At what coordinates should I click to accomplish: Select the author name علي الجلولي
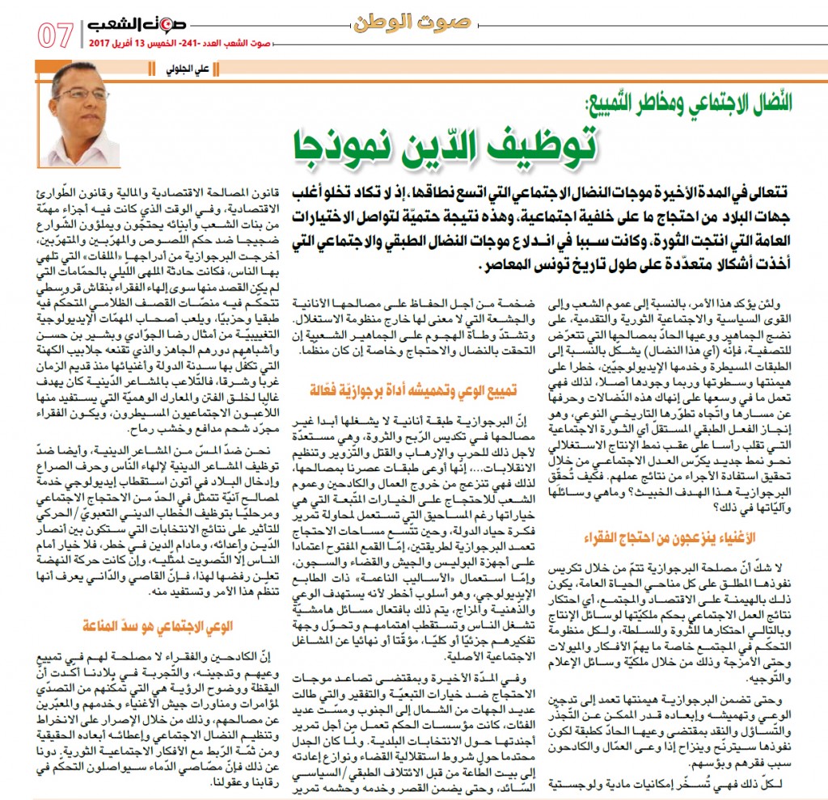tap(197, 69)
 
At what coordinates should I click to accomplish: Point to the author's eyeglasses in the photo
tap(82, 95)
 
